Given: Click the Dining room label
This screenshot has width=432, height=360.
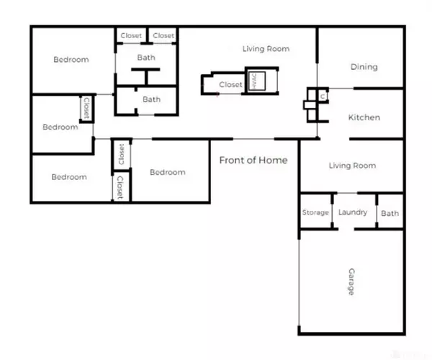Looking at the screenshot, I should (364, 67).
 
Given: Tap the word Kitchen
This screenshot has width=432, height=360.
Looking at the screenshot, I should (364, 117).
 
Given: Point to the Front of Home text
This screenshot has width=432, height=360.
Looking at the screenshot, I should (253, 160).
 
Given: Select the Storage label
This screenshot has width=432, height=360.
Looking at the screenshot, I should (315, 212).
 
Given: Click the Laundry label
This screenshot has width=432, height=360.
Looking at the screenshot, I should (353, 212).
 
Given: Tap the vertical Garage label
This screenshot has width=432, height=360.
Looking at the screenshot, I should (351, 282).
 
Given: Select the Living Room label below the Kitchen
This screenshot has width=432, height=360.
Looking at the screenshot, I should (352, 166).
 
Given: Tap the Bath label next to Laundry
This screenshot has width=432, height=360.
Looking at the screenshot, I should (390, 213).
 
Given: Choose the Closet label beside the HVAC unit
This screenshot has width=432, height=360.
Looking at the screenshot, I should (230, 84).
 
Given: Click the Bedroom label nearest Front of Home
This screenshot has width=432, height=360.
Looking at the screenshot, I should (167, 172).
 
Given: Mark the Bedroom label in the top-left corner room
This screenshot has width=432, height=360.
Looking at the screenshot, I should (71, 59).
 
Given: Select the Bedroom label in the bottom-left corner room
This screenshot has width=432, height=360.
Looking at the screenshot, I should (69, 176).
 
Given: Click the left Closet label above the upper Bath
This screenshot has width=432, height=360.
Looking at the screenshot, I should (131, 35).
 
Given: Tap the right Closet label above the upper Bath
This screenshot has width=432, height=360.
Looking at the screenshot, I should (163, 35).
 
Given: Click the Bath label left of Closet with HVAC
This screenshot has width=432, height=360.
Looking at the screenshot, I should (151, 99).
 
